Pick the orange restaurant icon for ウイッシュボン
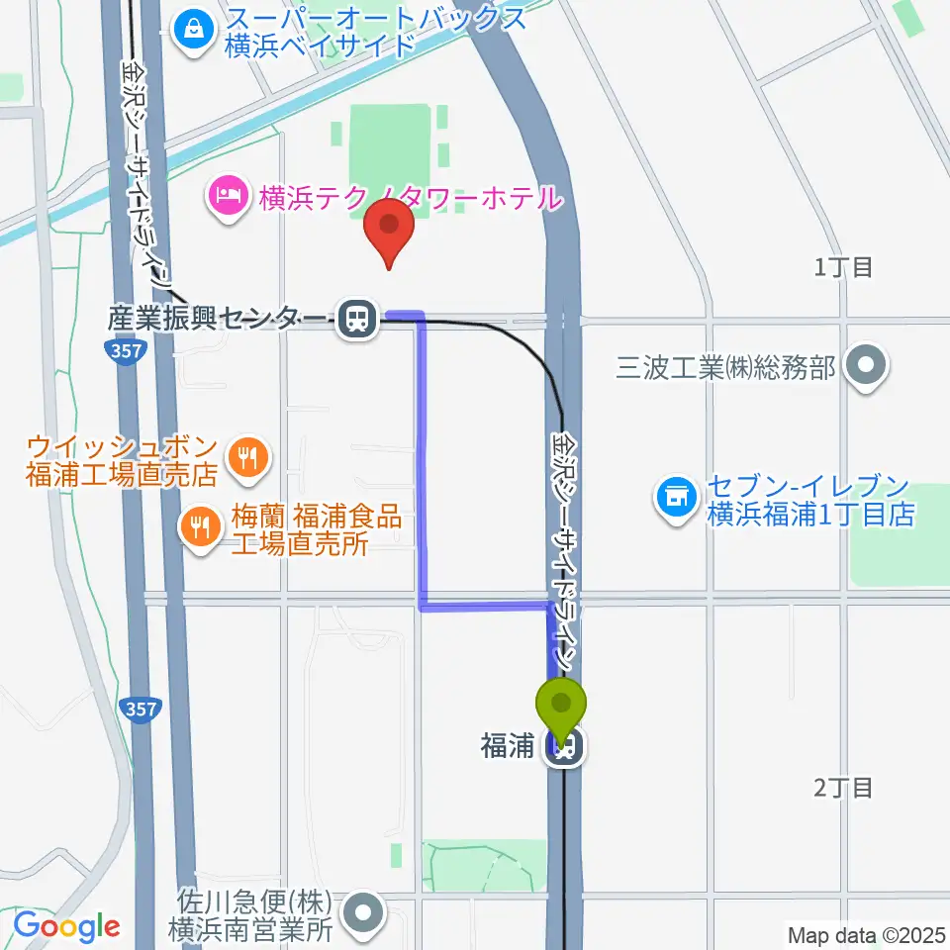[244, 456]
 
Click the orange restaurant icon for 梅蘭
[202, 525]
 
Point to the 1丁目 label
[843, 266]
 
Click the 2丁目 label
[843, 788]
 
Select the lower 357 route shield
[139, 709]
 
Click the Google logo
[66, 926]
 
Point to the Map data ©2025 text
[865, 933]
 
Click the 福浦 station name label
[508, 747]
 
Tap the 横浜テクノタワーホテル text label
[411, 198]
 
